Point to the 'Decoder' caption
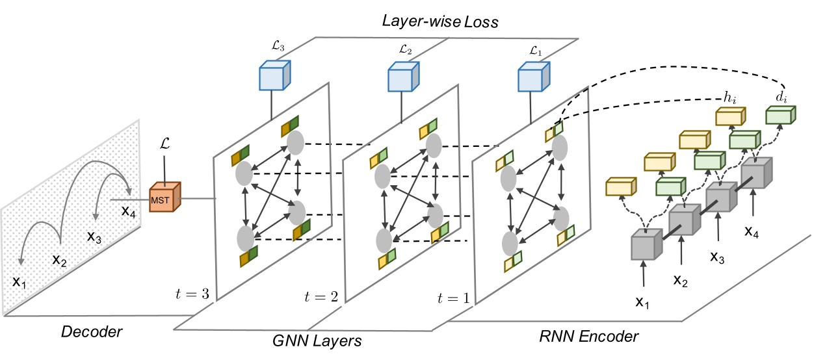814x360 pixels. pos(92,332)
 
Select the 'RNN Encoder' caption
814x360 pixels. pos(589,337)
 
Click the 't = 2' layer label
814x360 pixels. pos(321,297)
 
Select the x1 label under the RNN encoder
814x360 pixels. pos(642,303)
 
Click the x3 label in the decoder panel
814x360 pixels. pos(95,236)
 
